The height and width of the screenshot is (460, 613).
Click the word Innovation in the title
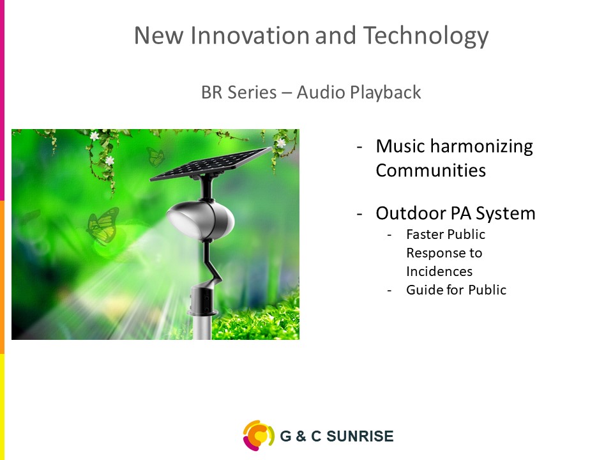pyautogui.click(x=250, y=35)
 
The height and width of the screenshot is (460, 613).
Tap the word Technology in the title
pyautogui.click(x=426, y=36)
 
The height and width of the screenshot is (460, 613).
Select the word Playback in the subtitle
pyautogui.click(x=386, y=93)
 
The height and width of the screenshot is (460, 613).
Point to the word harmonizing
pyautogui.click(x=481, y=147)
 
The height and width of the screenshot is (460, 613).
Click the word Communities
pyautogui.click(x=431, y=171)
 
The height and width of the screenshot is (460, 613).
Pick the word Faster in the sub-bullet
pyautogui.click(x=424, y=234)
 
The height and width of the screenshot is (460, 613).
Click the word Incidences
pyautogui.click(x=439, y=272)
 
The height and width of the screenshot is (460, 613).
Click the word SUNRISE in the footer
pyautogui.click(x=359, y=436)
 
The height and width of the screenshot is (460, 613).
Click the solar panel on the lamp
pyautogui.click(x=211, y=164)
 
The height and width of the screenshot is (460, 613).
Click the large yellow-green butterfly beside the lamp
pyautogui.click(x=103, y=226)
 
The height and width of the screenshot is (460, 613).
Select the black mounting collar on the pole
pyautogui.click(x=203, y=300)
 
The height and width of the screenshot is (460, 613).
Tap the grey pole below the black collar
pyautogui.click(x=202, y=326)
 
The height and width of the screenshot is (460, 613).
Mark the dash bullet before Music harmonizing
pyautogui.click(x=359, y=148)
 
